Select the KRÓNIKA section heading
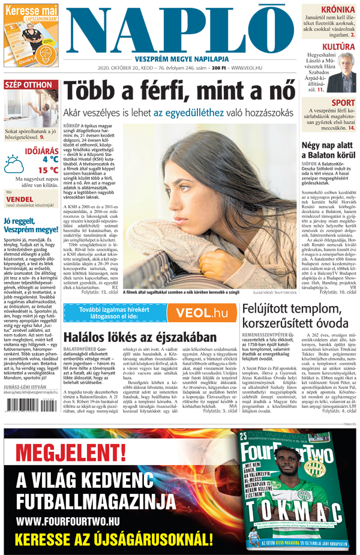[337, 10]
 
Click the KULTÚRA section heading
[338, 46]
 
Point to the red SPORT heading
[343, 103]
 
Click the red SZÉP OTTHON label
[29, 85]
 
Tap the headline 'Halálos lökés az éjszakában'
[140, 337]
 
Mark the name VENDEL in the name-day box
[20, 199]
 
